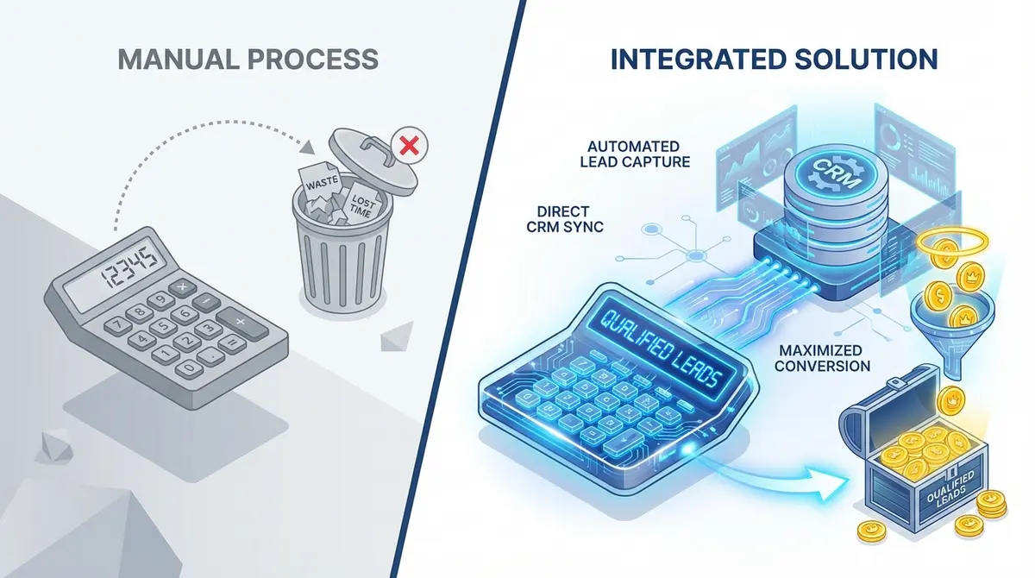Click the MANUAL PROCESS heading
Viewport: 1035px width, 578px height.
(x=248, y=60)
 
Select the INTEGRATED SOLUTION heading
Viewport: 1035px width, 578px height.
(x=775, y=60)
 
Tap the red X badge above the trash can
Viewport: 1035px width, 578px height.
(x=409, y=147)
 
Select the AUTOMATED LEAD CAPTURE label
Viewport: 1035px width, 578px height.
(x=637, y=154)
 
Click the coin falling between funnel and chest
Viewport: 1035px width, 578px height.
(x=951, y=399)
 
